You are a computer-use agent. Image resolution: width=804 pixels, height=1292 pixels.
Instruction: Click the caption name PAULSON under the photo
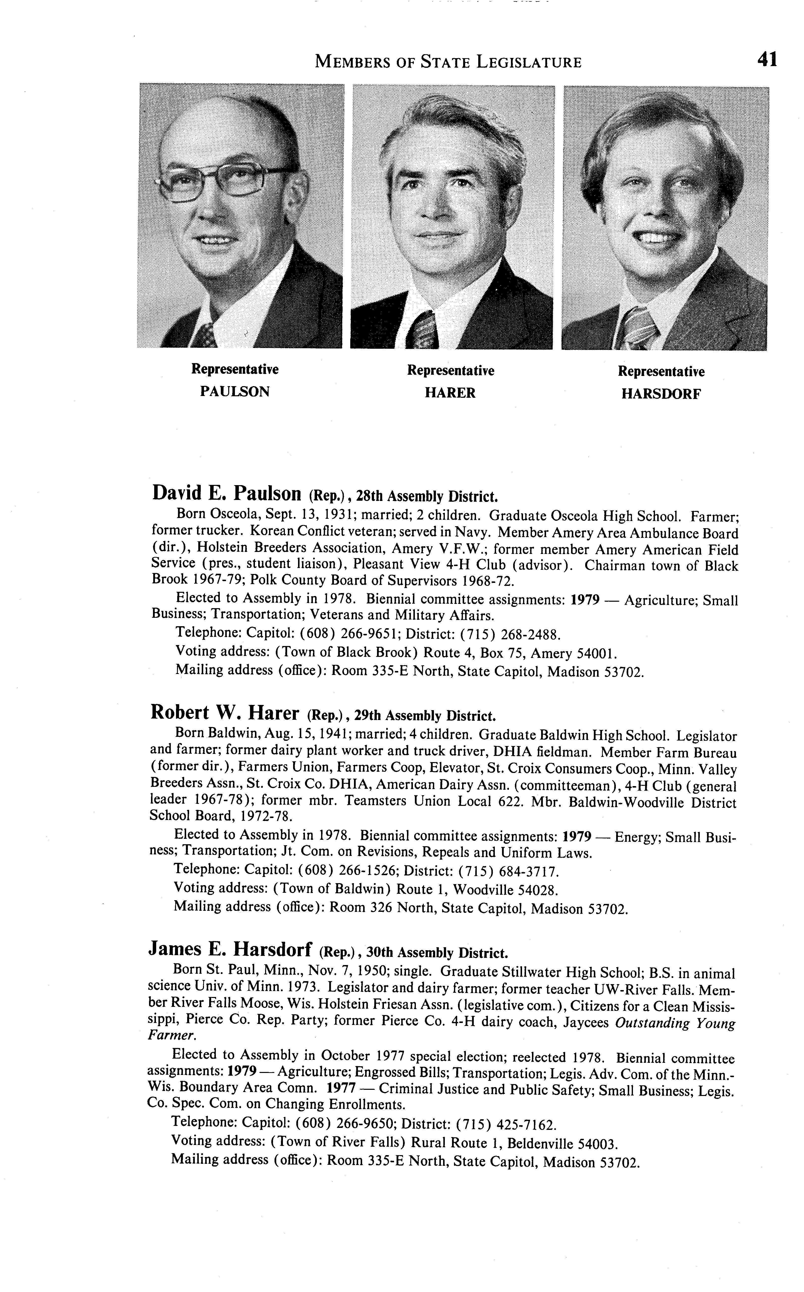234,392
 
